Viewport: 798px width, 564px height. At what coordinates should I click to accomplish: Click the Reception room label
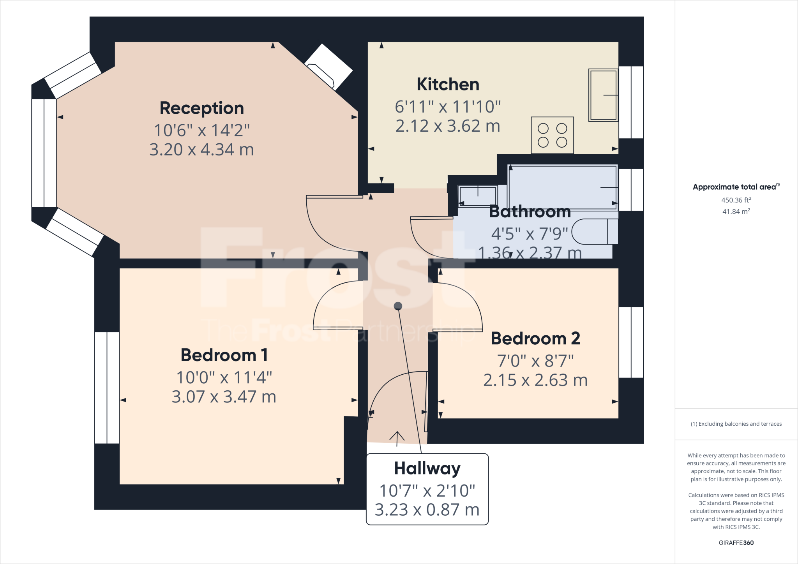click(x=202, y=108)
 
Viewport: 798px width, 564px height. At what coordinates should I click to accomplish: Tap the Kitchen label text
click(x=448, y=85)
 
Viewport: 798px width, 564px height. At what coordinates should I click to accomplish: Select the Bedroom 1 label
click(x=224, y=355)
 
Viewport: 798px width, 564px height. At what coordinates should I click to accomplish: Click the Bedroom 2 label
click(x=535, y=338)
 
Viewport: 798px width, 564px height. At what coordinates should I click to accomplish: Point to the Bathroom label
click(x=530, y=211)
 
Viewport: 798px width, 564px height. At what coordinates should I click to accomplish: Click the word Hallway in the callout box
click(x=427, y=469)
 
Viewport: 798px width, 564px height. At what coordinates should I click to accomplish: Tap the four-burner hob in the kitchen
click(x=552, y=135)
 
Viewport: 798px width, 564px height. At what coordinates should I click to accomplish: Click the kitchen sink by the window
click(x=603, y=95)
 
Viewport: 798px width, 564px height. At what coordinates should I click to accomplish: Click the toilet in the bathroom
click(x=594, y=232)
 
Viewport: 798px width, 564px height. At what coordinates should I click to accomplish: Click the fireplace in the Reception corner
click(x=328, y=67)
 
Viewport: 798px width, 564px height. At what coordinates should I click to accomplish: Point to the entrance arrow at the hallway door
click(x=397, y=438)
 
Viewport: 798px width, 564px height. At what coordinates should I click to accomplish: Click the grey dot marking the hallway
click(x=398, y=306)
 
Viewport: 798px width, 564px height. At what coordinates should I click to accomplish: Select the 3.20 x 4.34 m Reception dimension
click(x=202, y=150)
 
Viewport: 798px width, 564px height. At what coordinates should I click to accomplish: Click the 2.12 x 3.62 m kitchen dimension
click(x=448, y=126)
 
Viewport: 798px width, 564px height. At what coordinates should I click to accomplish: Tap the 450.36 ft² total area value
click(x=736, y=200)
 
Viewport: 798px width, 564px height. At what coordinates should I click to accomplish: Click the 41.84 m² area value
click(x=736, y=211)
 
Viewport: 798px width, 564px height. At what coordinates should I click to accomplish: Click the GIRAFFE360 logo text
click(x=736, y=543)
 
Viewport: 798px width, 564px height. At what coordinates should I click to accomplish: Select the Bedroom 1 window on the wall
click(x=107, y=388)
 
